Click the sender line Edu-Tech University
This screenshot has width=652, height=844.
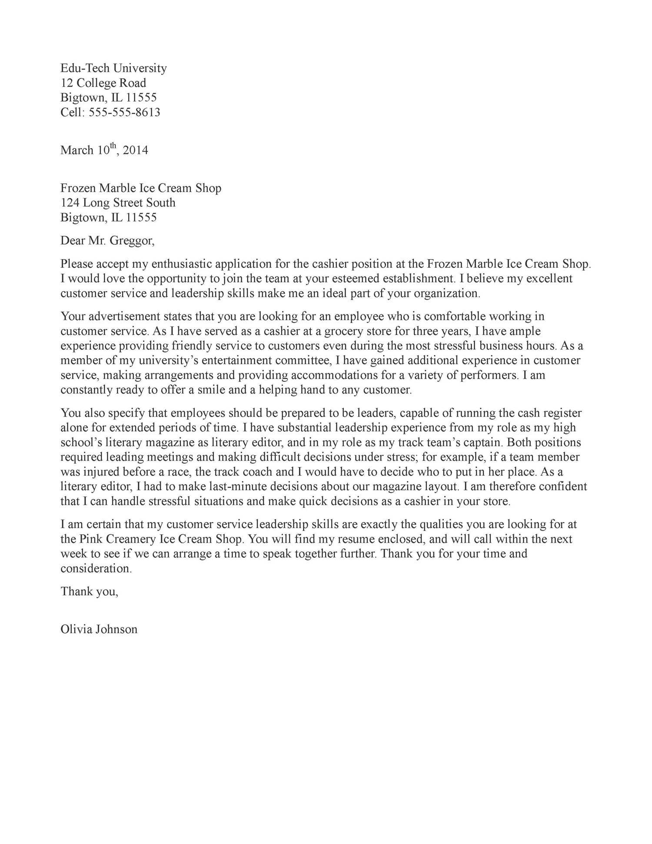click(113, 68)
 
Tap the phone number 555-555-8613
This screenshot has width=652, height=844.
click(124, 113)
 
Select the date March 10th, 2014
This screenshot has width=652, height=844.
click(104, 150)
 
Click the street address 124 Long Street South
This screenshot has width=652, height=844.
click(118, 203)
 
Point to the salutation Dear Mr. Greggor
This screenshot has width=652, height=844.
click(107, 240)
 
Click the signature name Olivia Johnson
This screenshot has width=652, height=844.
click(99, 629)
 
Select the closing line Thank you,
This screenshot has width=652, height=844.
click(89, 591)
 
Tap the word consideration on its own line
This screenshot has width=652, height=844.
click(96, 569)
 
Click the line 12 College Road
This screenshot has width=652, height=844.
click(103, 83)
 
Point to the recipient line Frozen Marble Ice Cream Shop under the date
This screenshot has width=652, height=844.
click(141, 188)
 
